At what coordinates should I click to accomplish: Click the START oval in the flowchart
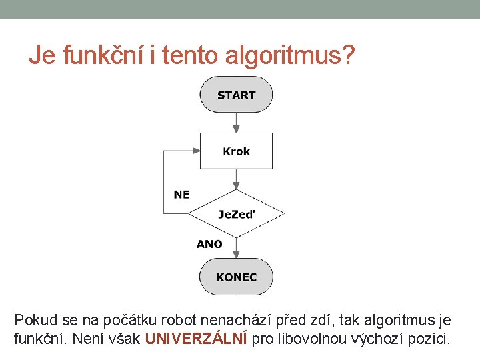236,95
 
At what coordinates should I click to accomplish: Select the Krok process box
236,151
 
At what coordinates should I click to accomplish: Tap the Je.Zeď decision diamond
236,214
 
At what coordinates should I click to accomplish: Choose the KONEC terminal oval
236,277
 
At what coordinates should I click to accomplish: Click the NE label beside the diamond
181,195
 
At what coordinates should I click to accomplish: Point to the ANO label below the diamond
209,244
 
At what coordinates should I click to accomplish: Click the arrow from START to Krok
236,123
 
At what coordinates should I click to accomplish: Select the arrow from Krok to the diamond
236,179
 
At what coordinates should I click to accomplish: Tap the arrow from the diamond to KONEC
236,247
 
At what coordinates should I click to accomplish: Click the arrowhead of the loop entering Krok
196,151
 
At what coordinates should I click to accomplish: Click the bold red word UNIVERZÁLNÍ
196,339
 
